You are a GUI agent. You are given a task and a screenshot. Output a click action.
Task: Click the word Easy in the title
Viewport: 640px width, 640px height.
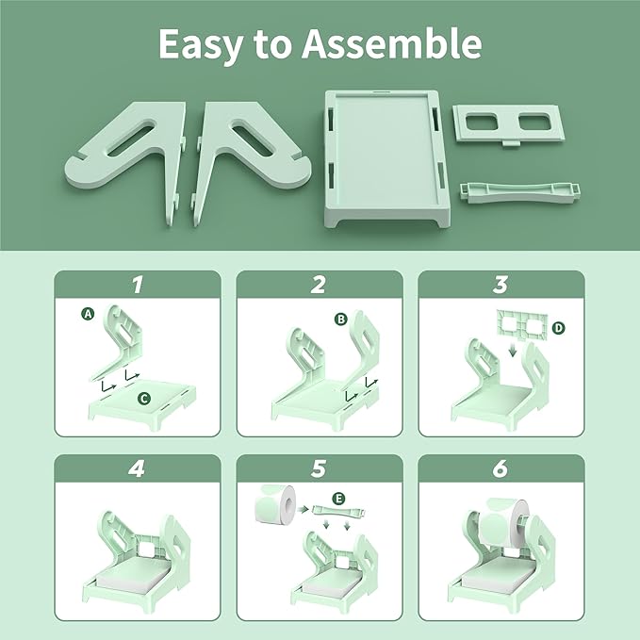click(197, 44)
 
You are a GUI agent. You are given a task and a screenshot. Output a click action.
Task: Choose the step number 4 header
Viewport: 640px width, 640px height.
click(138, 468)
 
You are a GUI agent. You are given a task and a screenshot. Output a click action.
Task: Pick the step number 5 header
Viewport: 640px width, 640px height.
click(319, 468)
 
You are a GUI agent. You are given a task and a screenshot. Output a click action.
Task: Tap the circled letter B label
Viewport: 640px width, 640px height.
click(340, 319)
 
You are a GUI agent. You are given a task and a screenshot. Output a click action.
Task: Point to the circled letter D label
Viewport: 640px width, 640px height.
click(559, 327)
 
